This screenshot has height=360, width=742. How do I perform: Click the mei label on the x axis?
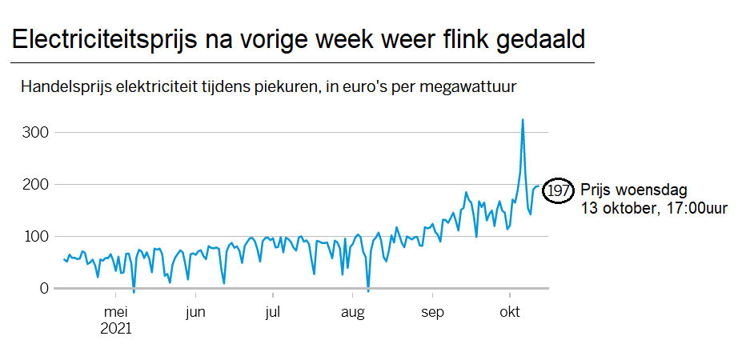[116, 312]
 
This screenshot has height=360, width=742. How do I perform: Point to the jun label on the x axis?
[196, 312]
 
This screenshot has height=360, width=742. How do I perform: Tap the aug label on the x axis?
[353, 312]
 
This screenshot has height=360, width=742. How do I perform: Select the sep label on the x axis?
[432, 312]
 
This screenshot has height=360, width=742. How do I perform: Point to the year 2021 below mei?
[117, 328]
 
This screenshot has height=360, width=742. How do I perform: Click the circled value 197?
[558, 190]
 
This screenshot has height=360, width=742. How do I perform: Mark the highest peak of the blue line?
[523, 120]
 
